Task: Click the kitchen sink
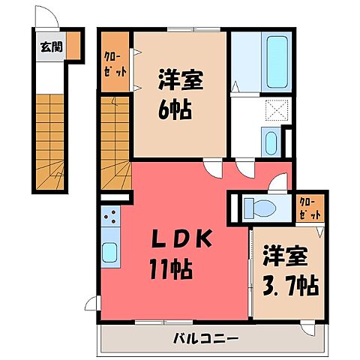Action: click(108, 253)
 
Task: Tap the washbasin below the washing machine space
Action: click(271, 140)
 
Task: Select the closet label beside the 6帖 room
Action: click(115, 63)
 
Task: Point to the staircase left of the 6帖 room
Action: click(115, 142)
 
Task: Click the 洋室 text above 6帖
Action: click(177, 79)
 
